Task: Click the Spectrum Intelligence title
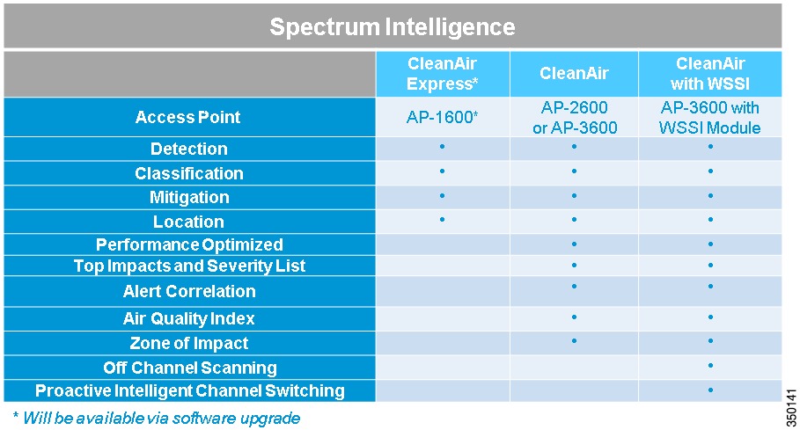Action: tap(392, 26)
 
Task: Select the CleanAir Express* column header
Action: tap(443, 73)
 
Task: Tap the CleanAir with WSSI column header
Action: tap(710, 73)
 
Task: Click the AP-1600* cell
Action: tap(443, 117)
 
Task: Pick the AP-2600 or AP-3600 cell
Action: tap(575, 117)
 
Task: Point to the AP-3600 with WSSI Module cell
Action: tap(710, 117)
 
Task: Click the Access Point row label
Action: tap(187, 117)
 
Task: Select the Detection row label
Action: tap(188, 149)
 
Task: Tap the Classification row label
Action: tap(188, 173)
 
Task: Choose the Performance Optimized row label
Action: tap(189, 244)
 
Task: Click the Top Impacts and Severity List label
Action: tap(189, 266)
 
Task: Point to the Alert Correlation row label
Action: tap(189, 291)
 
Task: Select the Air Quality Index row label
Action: tap(188, 318)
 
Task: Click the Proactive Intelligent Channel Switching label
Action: tap(190, 390)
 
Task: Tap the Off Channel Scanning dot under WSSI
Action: tap(710, 366)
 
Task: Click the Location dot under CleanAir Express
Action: tap(442, 220)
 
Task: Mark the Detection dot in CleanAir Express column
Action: tap(442, 147)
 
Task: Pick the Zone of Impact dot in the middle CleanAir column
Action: tap(574, 341)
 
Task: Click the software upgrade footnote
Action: tap(157, 419)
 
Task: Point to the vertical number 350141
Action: tap(791, 408)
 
